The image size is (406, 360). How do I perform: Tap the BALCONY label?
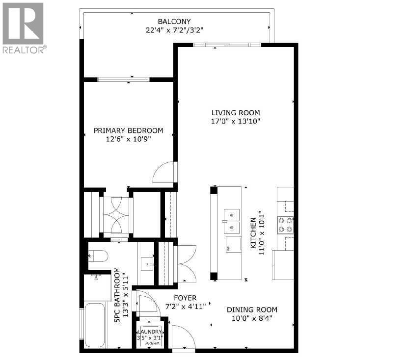coord(174,22)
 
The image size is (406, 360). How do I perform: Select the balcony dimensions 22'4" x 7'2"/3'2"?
coord(174,30)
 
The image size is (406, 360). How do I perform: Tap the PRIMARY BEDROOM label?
coord(128,130)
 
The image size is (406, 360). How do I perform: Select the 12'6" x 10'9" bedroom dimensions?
coord(128,139)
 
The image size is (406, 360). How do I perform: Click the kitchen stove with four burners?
coord(286,225)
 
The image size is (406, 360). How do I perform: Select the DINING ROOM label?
coord(252,309)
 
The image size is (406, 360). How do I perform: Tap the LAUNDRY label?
coord(151,331)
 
